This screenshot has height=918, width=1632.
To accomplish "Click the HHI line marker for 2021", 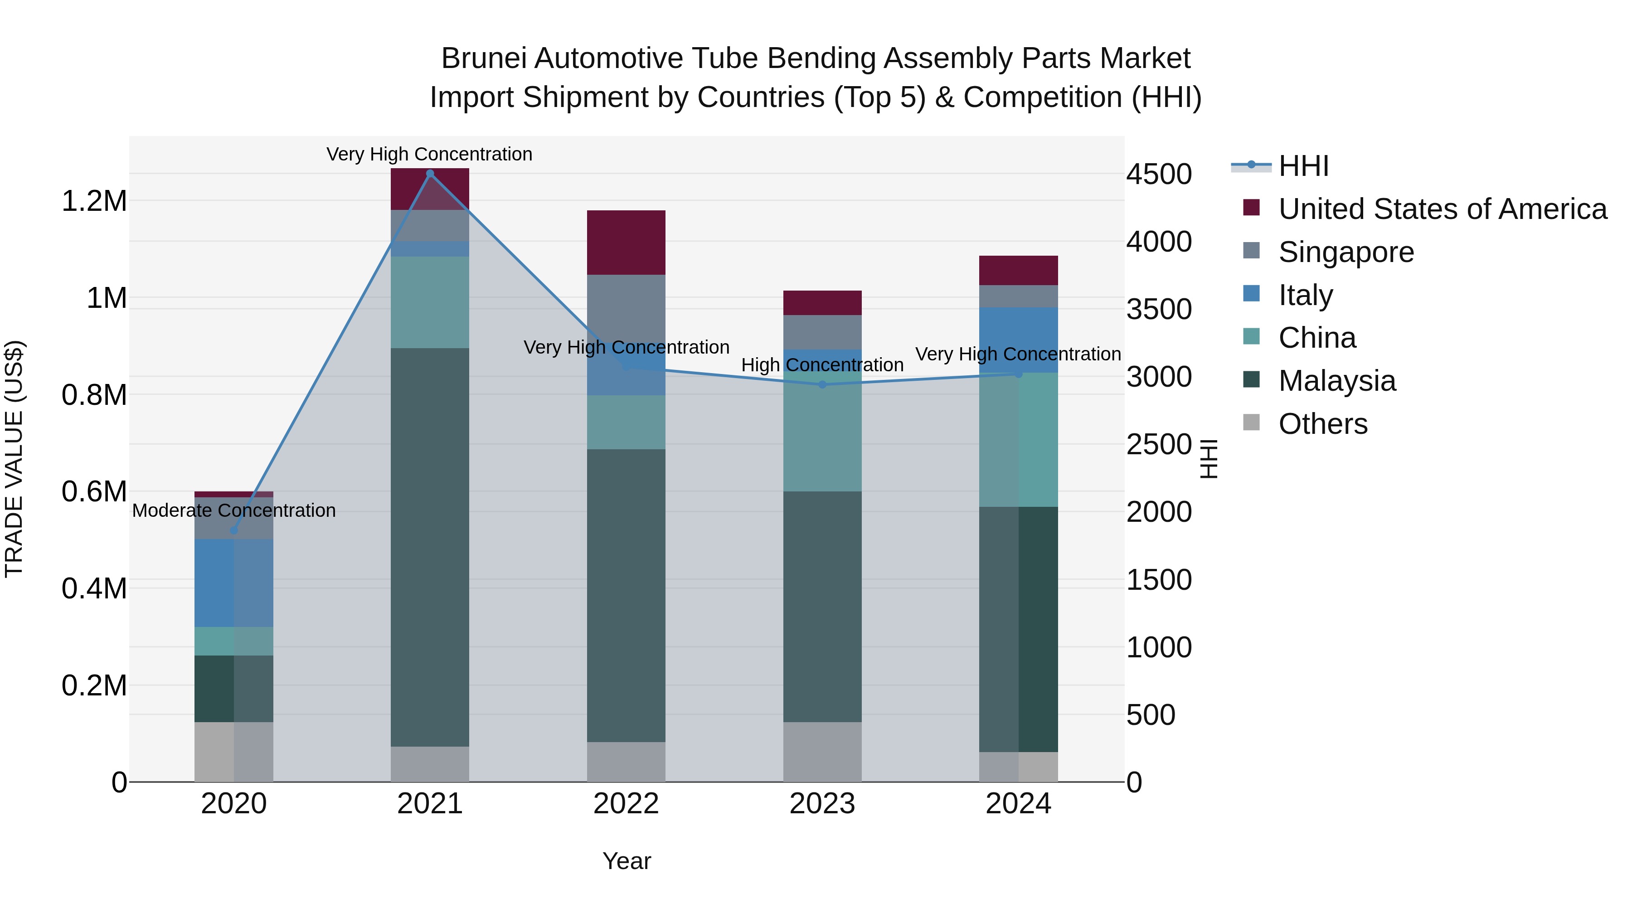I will click(430, 174).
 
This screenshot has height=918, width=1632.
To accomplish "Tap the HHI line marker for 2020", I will click(234, 530).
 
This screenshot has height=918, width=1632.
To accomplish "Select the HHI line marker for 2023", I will click(822, 384).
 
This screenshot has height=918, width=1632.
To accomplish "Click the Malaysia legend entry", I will click(1337, 381).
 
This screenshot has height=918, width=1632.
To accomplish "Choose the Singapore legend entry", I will click(1345, 252).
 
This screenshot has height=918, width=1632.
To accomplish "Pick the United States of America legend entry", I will click(1442, 209).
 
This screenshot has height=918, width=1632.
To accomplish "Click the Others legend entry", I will click(1323, 424).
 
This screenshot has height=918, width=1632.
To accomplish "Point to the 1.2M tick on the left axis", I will click(94, 201).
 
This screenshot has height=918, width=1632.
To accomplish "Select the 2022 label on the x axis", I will click(626, 804).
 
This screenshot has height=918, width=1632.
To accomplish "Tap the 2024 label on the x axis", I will click(1018, 804).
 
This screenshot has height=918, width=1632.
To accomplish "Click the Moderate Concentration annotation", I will click(234, 510).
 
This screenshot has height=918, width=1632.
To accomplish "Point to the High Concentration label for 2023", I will click(822, 365).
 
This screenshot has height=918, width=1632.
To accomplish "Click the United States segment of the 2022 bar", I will click(626, 242).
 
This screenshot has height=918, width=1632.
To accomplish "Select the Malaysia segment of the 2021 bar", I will click(430, 547).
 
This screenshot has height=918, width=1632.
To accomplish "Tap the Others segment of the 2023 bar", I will click(822, 752).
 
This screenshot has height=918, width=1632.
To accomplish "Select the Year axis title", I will click(627, 861).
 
